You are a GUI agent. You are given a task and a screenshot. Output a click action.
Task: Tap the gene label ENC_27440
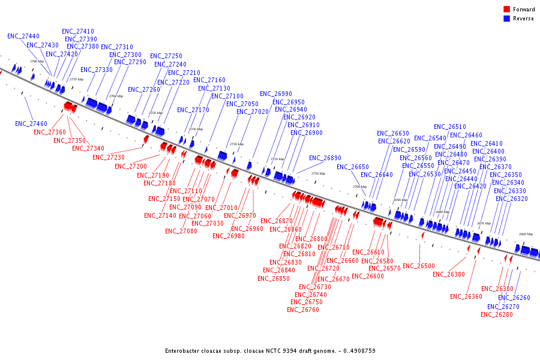click(x=23, y=36)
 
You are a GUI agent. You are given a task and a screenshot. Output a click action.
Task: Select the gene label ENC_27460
click(x=31, y=124)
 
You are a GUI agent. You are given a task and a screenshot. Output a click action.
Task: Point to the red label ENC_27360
click(x=50, y=132)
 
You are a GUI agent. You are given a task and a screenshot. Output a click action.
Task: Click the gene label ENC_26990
click(x=276, y=94)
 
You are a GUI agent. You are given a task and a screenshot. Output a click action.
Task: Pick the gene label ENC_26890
click(x=325, y=158)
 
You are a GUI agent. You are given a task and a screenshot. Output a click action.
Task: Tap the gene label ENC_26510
click(x=450, y=127)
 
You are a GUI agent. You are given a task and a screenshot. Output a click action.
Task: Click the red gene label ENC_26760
click(x=303, y=310)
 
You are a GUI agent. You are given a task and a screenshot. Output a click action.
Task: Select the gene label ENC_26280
click(x=496, y=314)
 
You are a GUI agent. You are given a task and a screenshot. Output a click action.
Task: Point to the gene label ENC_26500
click(x=419, y=266)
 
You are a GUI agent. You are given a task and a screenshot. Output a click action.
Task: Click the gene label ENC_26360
click(x=466, y=296)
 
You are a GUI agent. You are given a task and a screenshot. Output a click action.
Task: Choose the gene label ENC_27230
click(x=109, y=158)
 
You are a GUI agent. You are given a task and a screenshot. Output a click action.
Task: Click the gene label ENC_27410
click(x=78, y=31)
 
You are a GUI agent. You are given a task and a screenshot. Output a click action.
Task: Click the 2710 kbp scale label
click(x=318, y=173)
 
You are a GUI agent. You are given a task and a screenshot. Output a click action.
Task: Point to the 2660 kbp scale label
click(x=526, y=234)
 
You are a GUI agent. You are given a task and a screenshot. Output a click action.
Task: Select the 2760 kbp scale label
click(x=116, y=96)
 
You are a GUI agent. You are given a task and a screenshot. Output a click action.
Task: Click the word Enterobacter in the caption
click(x=182, y=350)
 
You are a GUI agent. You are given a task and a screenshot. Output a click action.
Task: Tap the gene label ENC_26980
click(x=229, y=236)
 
